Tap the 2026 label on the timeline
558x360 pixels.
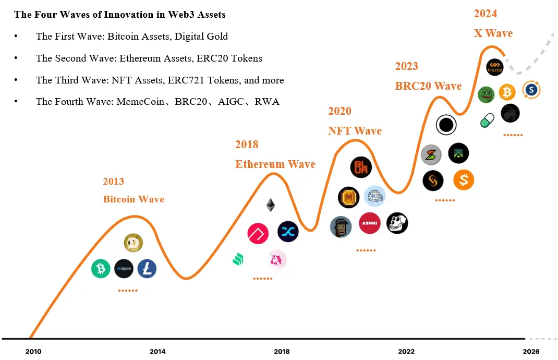coord(531,352)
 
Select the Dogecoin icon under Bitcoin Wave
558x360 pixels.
coord(133,242)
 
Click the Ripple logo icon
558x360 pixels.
coord(124,269)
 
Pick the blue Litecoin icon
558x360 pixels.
coord(147,269)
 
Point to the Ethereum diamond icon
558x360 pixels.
coord(270,205)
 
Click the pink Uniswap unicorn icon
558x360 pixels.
coord(276,259)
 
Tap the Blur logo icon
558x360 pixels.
coord(361,167)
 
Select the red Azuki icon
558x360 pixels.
coord(369,223)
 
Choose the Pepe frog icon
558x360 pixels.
coord(486,94)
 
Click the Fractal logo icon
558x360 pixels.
coord(494,67)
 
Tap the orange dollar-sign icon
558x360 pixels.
coord(464,180)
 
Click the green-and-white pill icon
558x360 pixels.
coord(487,121)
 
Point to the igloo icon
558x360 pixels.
coord(374,196)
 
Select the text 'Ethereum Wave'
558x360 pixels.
coord(275,164)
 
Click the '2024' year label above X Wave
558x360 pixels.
coord(485,14)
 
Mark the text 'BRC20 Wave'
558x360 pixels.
coord(428,86)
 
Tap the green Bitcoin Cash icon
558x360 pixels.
coord(101,269)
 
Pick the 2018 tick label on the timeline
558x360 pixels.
coord(282,352)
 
